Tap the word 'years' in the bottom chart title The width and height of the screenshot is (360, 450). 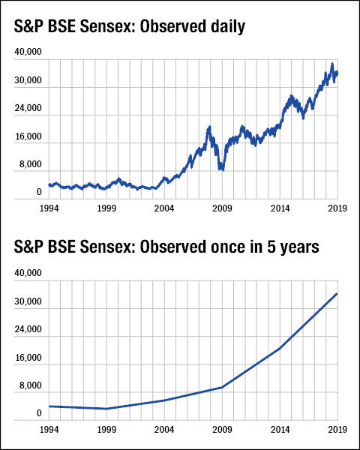tap(298, 247)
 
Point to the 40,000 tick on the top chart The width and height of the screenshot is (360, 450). tap(28, 52)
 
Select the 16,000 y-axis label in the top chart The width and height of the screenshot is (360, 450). tap(28, 137)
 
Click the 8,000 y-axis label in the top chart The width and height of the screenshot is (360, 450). tap(31, 164)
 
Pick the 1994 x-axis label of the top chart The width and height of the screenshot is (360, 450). tap(50, 206)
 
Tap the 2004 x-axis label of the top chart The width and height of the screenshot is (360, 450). tap(165, 206)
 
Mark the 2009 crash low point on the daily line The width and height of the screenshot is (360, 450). tap(221, 169)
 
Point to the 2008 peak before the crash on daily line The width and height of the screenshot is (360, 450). tap(209, 127)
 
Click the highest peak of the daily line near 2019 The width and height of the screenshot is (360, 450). tap(331, 64)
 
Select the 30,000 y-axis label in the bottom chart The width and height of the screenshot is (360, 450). tap(28, 302)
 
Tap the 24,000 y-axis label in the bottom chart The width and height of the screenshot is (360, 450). tap(28, 330)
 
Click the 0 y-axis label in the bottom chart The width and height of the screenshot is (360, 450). tap(38, 413)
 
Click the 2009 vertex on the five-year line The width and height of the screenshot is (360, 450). tap(223, 387)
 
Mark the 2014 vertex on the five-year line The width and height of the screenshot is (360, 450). tap(280, 349)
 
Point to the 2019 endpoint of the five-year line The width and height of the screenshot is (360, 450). tap(337, 293)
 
